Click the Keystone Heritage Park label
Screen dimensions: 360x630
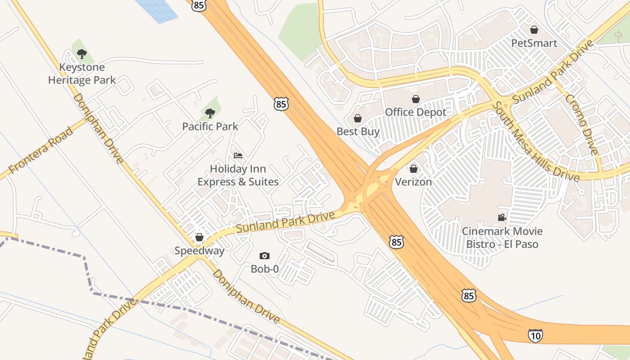tap(82, 74)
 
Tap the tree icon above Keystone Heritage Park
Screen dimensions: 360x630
tap(81, 54)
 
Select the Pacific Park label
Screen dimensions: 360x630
tap(210, 126)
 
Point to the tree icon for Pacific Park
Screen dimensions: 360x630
tap(210, 113)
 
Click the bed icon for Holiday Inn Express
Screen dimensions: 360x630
tap(238, 156)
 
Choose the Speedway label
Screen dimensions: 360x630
tap(199, 251)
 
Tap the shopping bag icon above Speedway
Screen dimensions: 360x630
tap(199, 237)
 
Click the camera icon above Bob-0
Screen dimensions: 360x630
tap(265, 256)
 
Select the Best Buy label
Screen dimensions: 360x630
tap(358, 131)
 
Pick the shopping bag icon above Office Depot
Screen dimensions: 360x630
tap(415, 99)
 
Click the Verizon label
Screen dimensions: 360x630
tap(414, 182)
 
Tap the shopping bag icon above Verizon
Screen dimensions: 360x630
tap(414, 169)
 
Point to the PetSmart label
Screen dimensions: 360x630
tap(534, 43)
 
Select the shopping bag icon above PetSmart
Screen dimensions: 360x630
tap(534, 30)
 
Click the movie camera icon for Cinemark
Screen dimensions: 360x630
tap(502, 218)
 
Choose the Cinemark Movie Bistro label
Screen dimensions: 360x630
tap(502, 238)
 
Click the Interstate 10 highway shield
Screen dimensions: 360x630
tap(535, 335)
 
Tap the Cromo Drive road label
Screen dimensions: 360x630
tap(581, 124)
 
